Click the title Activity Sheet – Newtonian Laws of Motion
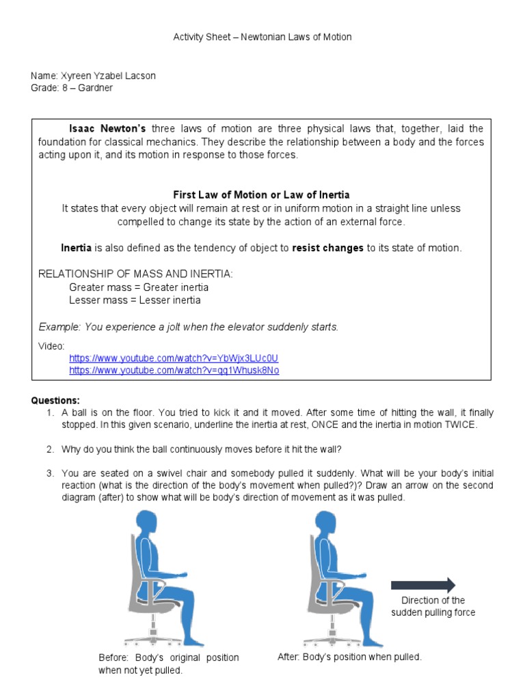point(262,37)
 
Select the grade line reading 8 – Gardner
point(87,88)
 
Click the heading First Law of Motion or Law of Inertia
point(261,195)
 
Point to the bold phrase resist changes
point(327,248)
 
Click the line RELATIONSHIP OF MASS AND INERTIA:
point(135,274)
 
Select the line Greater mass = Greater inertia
point(139,287)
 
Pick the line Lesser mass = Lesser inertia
point(135,300)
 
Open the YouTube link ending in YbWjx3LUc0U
point(174,358)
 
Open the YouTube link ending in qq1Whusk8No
point(174,371)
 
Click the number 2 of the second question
point(50,449)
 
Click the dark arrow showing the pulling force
point(422,584)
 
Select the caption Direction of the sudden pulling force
point(433,606)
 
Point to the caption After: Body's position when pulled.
point(349,657)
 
